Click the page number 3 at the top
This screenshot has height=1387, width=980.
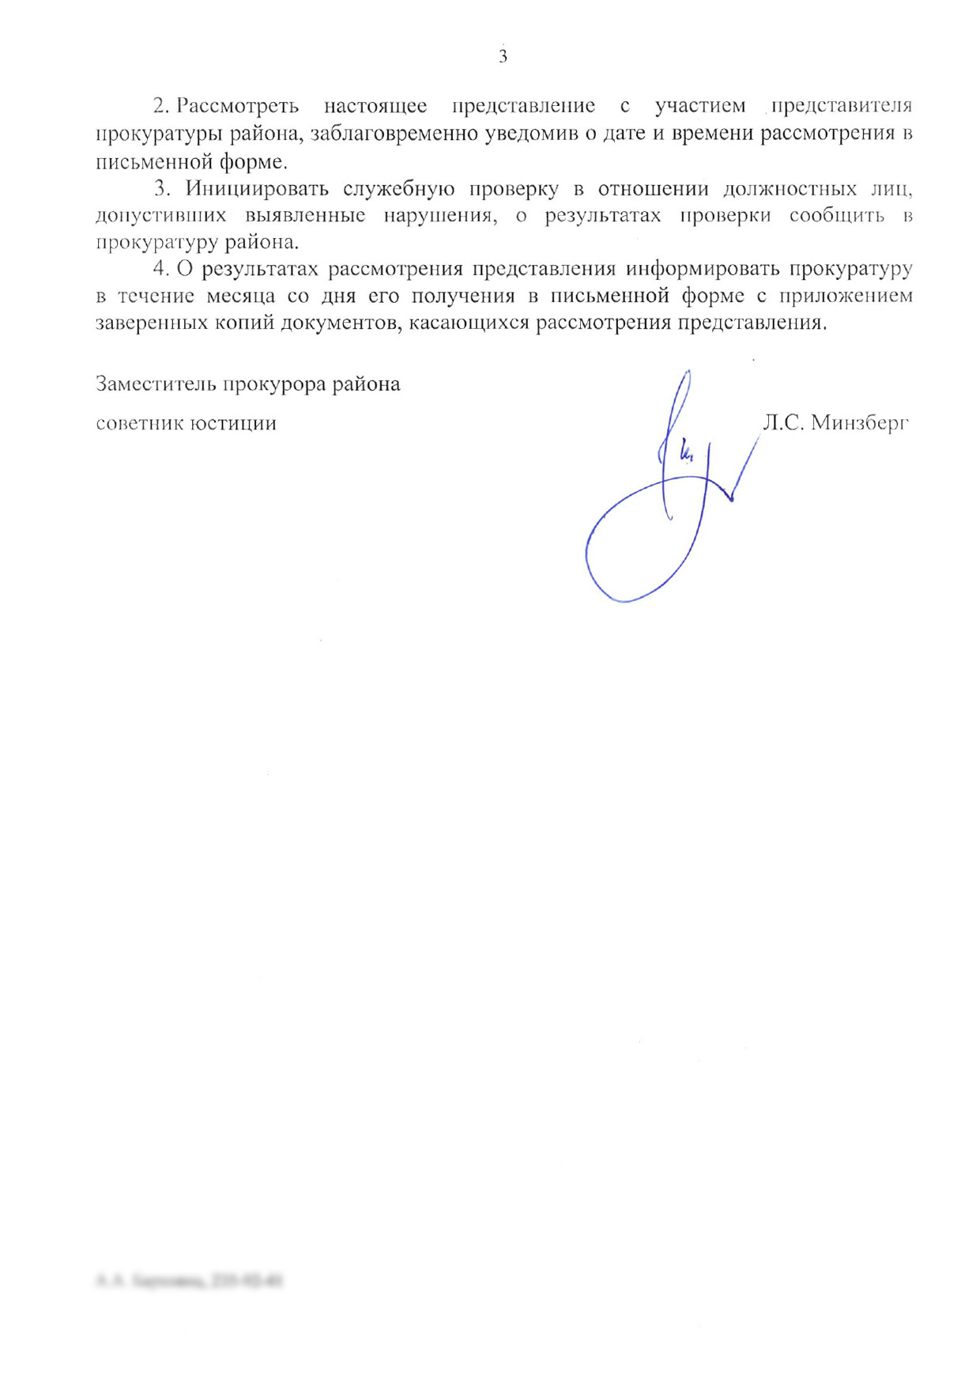pyautogui.click(x=503, y=57)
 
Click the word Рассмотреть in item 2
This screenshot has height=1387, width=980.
pyautogui.click(x=237, y=106)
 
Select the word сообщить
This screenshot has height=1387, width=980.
pyautogui.click(x=837, y=216)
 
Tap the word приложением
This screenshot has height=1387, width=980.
pyautogui.click(x=846, y=297)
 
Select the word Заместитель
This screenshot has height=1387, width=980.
pyautogui.click(x=155, y=384)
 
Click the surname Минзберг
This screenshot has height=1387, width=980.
pyautogui.click(x=860, y=423)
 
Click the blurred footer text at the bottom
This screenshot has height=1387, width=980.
pyautogui.click(x=190, y=1280)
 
